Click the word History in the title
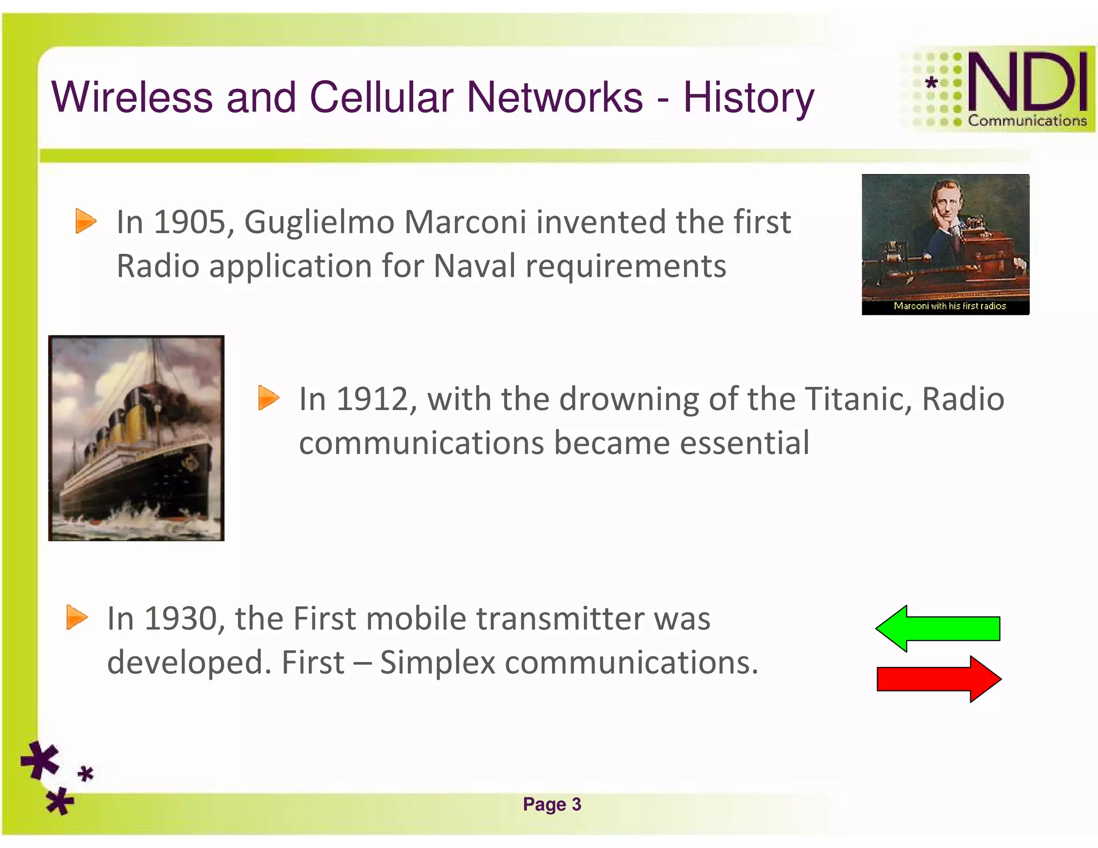pos(748,98)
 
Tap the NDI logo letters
pos(1027,81)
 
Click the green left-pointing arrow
pos(938,628)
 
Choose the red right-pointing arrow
pos(939,679)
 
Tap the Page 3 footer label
pos(552,805)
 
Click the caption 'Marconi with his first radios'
pos(949,306)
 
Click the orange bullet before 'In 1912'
pos(268,398)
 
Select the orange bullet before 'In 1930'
pos(77,617)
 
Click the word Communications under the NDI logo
pos(1027,121)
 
